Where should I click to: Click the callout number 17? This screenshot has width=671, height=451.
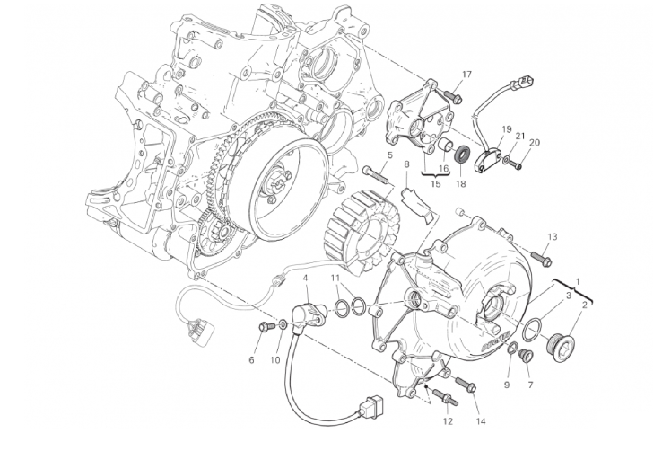(466, 75)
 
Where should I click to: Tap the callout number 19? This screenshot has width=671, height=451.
(507, 128)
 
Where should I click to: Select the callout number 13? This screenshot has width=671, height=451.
(553, 236)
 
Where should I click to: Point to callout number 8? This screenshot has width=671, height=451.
(406, 164)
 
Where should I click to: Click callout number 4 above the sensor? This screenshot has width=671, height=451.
(305, 278)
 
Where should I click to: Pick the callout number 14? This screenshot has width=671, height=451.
(481, 421)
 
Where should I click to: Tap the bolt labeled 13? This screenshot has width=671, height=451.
(542, 258)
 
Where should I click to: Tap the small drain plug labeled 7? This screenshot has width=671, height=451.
(527, 356)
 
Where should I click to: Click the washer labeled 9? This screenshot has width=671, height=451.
(512, 349)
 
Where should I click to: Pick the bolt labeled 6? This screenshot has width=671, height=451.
(264, 326)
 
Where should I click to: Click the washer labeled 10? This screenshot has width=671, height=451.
(283, 323)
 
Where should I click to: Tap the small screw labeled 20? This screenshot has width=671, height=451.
(518, 164)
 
